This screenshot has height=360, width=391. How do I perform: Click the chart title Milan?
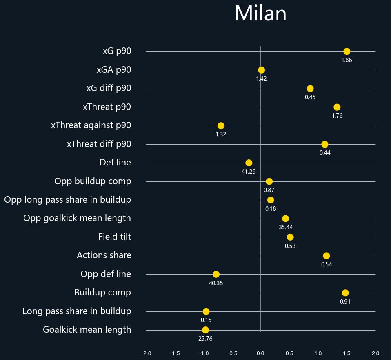(260, 14)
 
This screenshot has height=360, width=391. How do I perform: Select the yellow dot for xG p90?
(347, 51)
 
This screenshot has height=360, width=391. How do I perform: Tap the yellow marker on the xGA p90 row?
(261, 70)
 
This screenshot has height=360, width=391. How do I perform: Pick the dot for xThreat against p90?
(221, 125)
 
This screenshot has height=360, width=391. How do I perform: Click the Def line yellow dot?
(249, 163)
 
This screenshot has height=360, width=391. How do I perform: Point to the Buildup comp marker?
(345, 293)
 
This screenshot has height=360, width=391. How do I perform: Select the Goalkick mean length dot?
(205, 330)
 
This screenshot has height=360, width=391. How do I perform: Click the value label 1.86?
(347, 60)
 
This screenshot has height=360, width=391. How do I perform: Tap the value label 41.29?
(249, 172)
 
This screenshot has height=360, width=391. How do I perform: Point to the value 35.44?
(286, 227)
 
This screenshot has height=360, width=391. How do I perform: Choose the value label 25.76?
(205, 339)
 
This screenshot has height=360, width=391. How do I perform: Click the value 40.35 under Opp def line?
(216, 283)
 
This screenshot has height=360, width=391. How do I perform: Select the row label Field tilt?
(115, 237)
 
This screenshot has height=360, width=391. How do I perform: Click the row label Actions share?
(104, 255)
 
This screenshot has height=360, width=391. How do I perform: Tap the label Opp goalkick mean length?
(77, 218)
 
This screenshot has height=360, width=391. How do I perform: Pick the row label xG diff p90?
(109, 88)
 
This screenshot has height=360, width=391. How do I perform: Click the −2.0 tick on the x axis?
(145, 353)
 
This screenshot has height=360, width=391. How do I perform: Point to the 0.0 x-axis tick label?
(260, 353)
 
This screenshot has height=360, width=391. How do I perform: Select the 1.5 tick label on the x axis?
(347, 353)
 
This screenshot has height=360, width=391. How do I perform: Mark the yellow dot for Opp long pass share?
(271, 200)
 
